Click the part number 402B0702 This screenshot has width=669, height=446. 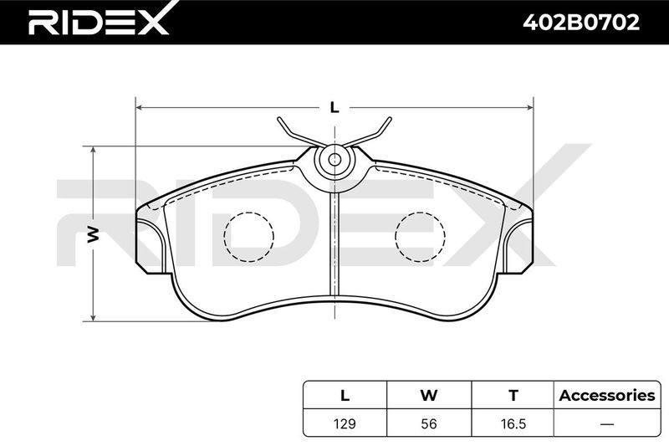click(581, 23)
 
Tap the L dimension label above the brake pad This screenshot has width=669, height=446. click(334, 108)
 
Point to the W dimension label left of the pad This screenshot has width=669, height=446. click(94, 234)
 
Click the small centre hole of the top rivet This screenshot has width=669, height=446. click(335, 160)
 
